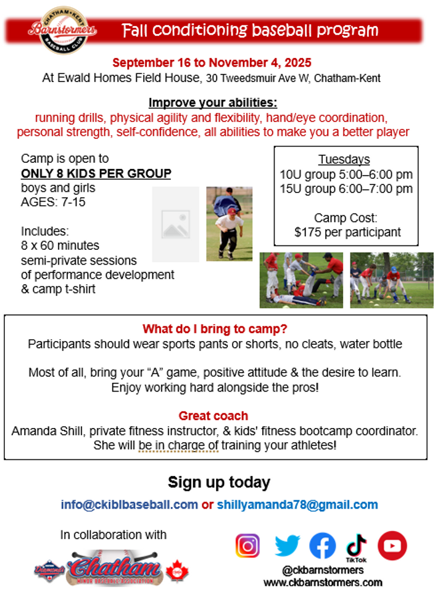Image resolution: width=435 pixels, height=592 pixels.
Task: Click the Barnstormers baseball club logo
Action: [63, 30]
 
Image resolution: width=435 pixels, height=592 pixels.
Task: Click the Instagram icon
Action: [247, 546]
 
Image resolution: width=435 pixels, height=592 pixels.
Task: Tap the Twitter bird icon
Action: [288, 546]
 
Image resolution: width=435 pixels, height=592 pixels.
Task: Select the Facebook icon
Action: [323, 546]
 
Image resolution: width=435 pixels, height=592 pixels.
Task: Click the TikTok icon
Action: [357, 548]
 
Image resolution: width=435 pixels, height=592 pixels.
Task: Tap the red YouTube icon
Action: [392, 546]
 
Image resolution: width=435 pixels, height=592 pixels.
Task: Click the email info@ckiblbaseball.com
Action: [129, 505]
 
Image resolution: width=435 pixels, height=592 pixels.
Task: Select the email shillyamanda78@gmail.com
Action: [297, 505]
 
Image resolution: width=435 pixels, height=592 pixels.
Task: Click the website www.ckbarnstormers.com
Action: [323, 583]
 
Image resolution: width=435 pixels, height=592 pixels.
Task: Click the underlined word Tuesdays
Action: [344, 159]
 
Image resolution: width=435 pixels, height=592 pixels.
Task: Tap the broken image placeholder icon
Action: [176, 224]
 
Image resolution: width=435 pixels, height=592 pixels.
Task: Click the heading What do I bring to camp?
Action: [215, 329]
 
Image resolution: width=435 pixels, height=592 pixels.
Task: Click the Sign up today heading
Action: [219, 482]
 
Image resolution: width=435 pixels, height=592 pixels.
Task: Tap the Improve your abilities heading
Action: [213, 102]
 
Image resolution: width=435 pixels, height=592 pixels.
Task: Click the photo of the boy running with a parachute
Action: [229, 224]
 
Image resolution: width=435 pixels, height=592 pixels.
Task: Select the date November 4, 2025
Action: [260, 63]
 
